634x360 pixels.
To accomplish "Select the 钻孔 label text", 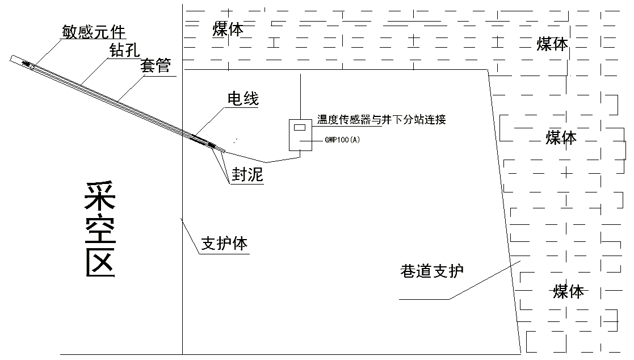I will click(124, 49).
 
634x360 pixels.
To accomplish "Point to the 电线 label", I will click(243, 99).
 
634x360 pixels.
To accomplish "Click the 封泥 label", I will click(247, 175).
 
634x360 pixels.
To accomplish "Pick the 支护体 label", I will click(225, 244).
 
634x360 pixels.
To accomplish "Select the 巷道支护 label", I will click(432, 271).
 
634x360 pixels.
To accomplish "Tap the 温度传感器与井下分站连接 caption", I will click(381, 120).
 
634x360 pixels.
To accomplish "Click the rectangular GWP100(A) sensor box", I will click(299, 135).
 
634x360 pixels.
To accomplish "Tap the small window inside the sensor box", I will click(299, 127).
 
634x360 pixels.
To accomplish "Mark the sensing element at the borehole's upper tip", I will click(27, 64).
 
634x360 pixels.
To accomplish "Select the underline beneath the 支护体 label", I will click(225, 254).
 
